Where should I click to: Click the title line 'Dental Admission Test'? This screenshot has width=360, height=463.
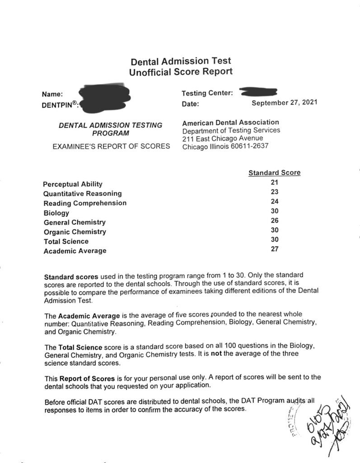tap(181, 61)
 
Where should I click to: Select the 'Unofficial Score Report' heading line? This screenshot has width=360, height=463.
tap(181, 71)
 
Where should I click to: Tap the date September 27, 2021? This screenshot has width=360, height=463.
tap(284, 102)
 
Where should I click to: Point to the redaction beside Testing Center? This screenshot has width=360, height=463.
tap(258, 93)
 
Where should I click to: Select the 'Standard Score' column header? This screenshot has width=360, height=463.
tap(274, 173)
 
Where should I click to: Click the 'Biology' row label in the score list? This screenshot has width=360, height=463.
tap(56, 213)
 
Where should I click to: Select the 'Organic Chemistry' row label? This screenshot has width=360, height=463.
tap(75, 232)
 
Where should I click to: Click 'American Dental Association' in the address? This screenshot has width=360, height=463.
tap(230, 123)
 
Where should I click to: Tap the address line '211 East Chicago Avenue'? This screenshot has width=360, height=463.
tap(223, 138)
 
